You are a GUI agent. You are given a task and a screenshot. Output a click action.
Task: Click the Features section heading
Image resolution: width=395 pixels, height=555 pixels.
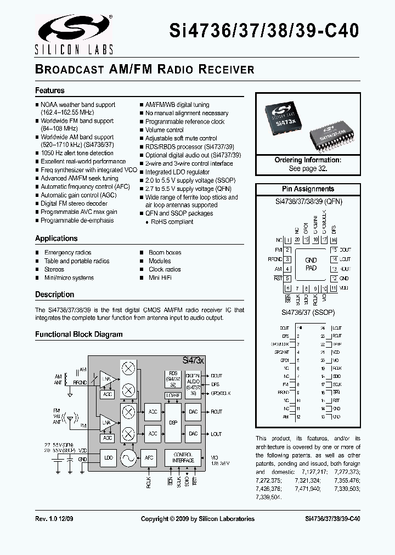(x=50, y=90)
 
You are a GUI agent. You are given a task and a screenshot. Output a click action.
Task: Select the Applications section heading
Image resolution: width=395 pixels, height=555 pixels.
(x=57, y=239)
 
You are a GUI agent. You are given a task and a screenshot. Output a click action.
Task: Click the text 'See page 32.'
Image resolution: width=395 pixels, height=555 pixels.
(x=308, y=169)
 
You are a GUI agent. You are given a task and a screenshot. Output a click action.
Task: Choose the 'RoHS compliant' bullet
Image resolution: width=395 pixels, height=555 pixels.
(x=172, y=222)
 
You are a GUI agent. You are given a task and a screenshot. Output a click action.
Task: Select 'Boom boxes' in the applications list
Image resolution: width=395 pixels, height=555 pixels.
(x=165, y=253)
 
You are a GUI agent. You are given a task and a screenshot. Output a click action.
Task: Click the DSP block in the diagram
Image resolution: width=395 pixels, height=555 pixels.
(x=173, y=422)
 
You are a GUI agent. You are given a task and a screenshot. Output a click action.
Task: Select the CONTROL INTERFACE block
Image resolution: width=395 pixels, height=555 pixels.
(x=183, y=457)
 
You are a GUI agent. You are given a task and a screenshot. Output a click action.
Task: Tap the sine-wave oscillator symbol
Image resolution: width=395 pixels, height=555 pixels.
(x=128, y=457)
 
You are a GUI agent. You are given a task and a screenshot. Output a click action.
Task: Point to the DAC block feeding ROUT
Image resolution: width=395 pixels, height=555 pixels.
(x=193, y=411)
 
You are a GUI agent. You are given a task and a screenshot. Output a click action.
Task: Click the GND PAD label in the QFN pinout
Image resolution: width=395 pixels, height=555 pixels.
(x=311, y=264)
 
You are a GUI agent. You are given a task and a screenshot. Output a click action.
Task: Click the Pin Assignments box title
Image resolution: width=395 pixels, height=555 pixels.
(x=308, y=189)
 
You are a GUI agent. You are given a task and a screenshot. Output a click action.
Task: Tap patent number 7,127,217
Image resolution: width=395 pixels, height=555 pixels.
(x=315, y=472)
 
